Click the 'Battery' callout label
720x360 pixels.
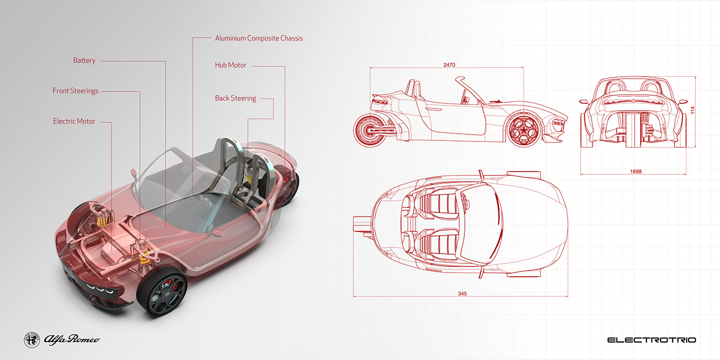84,61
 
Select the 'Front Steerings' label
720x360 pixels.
75,91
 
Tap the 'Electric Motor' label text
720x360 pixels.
74,121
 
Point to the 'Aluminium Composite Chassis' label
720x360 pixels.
259,38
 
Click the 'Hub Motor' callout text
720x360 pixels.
230,65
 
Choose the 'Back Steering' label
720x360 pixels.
235,98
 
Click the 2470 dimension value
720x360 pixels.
449,65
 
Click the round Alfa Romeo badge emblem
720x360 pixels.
32,339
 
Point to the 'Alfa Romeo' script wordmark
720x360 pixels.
71,339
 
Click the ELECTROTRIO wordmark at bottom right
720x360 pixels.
651,340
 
